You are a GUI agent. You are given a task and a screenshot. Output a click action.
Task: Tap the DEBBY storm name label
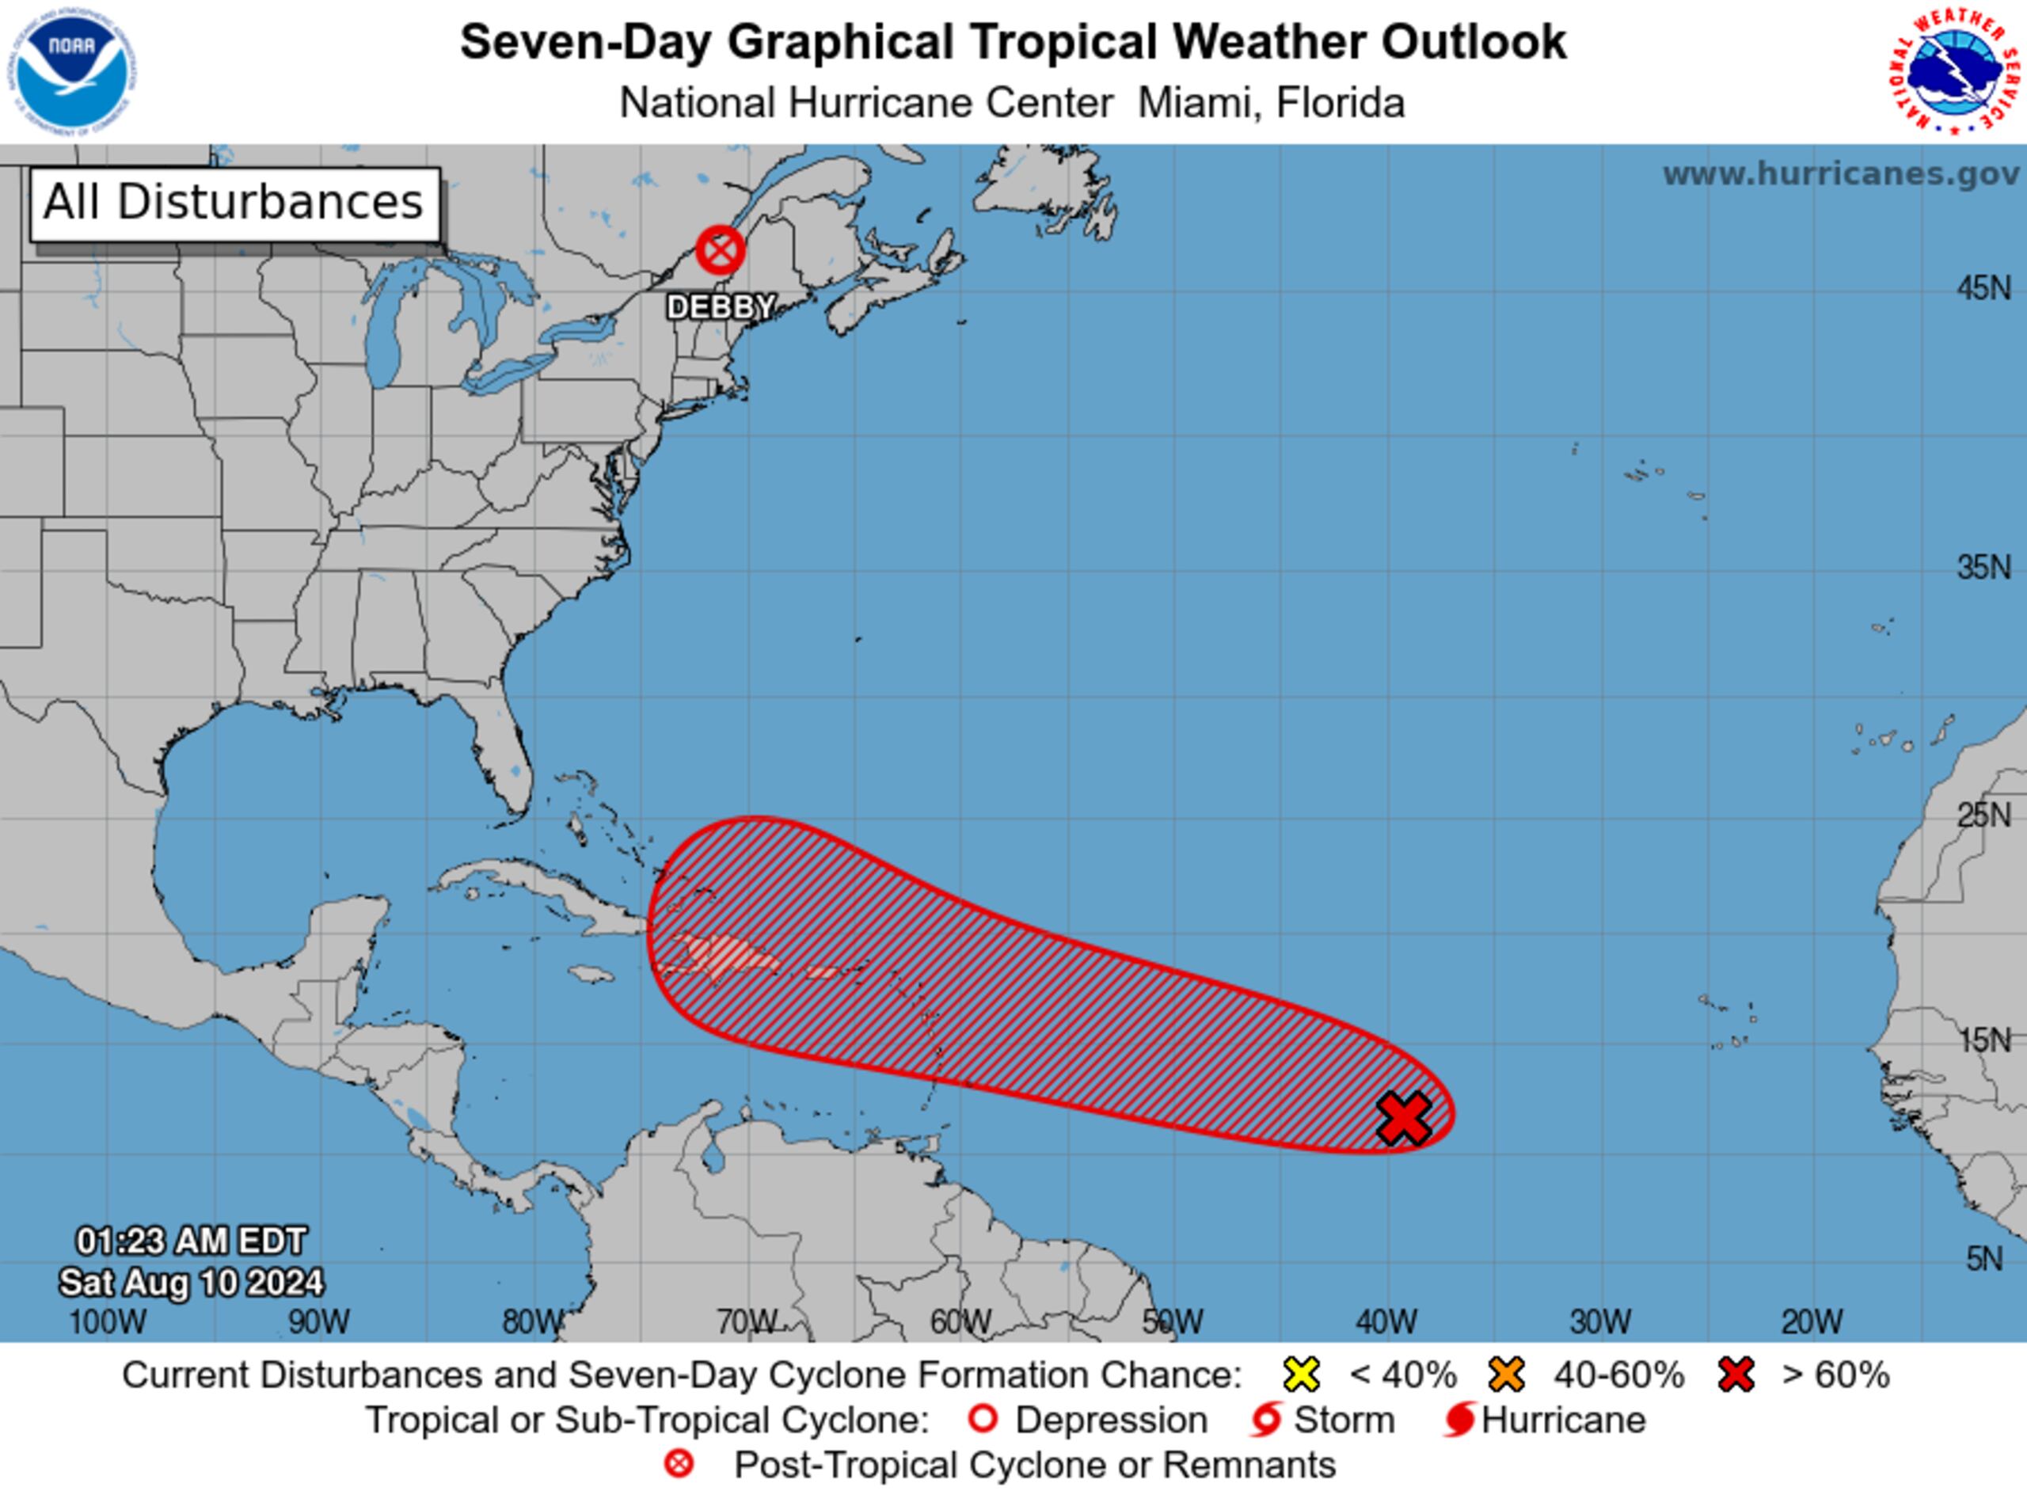pyautogui.click(x=721, y=307)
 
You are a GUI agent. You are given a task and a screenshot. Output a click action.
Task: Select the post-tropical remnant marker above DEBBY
pyautogui.click(x=721, y=250)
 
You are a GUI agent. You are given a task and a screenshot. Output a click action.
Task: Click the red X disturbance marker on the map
pyautogui.click(x=1404, y=1118)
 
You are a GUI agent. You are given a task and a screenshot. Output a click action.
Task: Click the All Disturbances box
pyautogui.click(x=235, y=203)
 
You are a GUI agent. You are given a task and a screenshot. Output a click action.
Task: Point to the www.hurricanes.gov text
pyautogui.click(x=1841, y=173)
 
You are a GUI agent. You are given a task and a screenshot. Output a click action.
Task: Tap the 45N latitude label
pyautogui.click(x=1983, y=289)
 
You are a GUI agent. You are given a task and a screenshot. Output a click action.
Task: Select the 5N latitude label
pyautogui.click(x=1983, y=1259)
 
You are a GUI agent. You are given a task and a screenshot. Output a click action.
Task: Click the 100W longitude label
pyautogui.click(x=107, y=1322)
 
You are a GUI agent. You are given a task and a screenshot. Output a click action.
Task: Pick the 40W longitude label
pyautogui.click(x=1386, y=1322)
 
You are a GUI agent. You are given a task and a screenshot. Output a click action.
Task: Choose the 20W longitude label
pyautogui.click(x=1812, y=1322)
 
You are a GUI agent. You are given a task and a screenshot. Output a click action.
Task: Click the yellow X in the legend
pyautogui.click(x=1302, y=1374)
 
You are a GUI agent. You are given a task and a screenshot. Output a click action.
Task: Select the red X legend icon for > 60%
pyautogui.click(x=1736, y=1374)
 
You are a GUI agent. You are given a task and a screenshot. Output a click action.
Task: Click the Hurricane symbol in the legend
pyautogui.click(x=1459, y=1420)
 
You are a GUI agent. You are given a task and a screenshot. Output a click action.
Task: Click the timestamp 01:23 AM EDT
pyautogui.click(x=192, y=1241)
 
